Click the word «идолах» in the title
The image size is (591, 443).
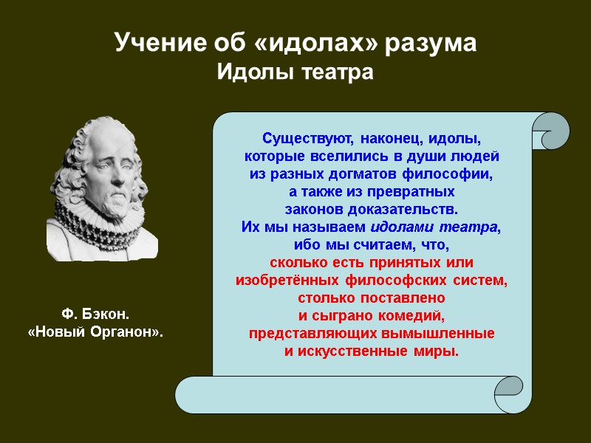(x=321, y=44)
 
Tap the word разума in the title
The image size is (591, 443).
(x=432, y=44)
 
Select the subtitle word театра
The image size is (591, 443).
(x=336, y=73)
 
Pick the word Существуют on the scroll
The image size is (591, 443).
(x=302, y=138)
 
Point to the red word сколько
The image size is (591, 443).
(x=295, y=263)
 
